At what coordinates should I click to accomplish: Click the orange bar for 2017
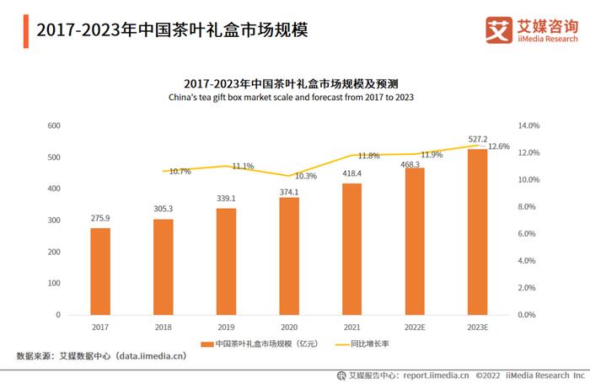[x=100, y=271]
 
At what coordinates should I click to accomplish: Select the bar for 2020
[x=289, y=256]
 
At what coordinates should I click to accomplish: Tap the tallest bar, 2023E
[x=478, y=231]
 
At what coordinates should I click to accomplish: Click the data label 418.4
[x=351, y=173]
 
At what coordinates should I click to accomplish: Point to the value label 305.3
[x=163, y=209]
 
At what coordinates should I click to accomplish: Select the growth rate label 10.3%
[x=306, y=177]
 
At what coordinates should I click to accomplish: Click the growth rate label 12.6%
[x=499, y=146]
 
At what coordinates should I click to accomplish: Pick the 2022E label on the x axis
[x=415, y=326]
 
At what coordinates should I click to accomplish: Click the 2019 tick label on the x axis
[x=226, y=326]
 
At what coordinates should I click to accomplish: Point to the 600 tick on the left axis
[x=53, y=125]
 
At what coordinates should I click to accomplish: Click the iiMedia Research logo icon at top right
[x=500, y=29]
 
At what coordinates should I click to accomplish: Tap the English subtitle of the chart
[x=291, y=98]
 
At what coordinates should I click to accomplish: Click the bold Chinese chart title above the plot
[x=291, y=83]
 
